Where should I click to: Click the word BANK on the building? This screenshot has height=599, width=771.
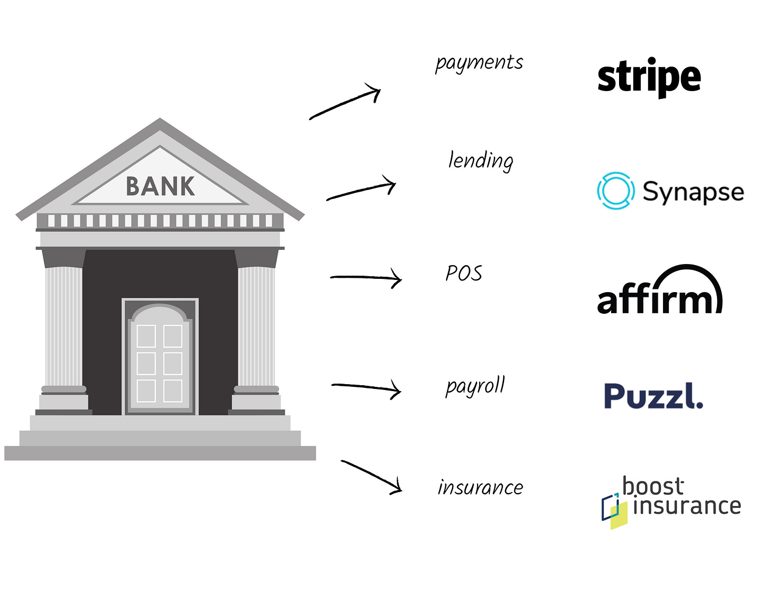pos(160,186)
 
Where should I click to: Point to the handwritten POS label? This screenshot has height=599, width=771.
pos(464,273)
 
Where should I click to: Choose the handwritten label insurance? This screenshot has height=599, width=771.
pos(480,487)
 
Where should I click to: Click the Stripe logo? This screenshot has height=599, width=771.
pos(649,77)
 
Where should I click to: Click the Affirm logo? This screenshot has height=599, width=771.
pos(660,289)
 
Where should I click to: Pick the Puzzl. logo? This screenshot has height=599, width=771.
pos(653,396)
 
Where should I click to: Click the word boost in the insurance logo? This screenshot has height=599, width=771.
pos(653,486)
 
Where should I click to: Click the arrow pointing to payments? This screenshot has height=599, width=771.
pos(345,103)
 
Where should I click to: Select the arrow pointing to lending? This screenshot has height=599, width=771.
pos(361,188)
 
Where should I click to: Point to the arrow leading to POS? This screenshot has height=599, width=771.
pos(366,277)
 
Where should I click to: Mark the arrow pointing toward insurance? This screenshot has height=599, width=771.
pos(371,477)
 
